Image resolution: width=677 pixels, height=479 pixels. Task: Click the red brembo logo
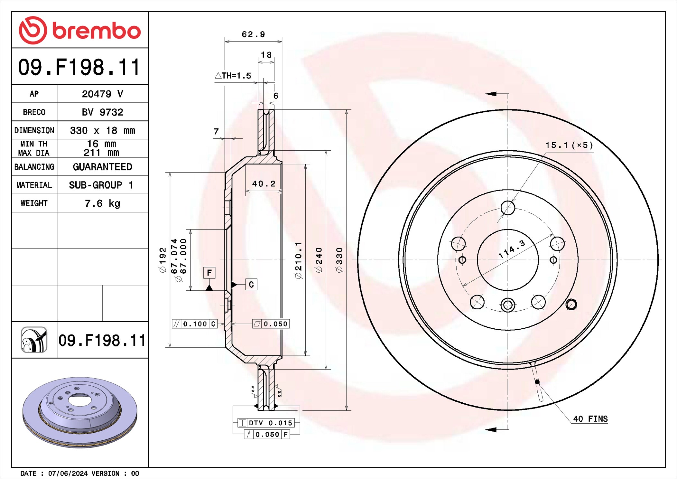pyautogui.click(x=79, y=30)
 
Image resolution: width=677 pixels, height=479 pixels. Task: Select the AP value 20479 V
pyautogui.click(x=102, y=94)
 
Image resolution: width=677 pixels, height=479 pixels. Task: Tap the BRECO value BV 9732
pyautogui.click(x=102, y=112)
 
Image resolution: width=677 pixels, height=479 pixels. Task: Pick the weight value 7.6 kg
pyautogui.click(x=102, y=203)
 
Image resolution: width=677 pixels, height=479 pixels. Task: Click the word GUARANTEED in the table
pyautogui.click(x=102, y=167)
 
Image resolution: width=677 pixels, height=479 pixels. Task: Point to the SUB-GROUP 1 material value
pyautogui.click(x=101, y=185)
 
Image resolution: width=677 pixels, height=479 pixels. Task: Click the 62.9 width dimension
pyautogui.click(x=253, y=34)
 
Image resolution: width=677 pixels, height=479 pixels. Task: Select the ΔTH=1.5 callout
pyautogui.click(x=233, y=76)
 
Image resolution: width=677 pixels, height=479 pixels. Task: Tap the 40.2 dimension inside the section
pyautogui.click(x=264, y=184)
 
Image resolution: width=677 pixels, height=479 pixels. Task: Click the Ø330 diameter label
pyautogui.click(x=339, y=260)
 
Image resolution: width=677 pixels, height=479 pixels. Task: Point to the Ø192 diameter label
pyautogui.click(x=163, y=260)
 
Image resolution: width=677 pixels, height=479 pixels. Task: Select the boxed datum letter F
pyautogui.click(x=209, y=273)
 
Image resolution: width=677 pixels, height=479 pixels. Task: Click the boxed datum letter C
pyautogui.click(x=251, y=285)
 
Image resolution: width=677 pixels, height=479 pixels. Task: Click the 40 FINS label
pyautogui.click(x=590, y=419)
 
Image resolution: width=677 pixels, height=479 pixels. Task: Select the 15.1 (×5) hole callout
pyautogui.click(x=569, y=145)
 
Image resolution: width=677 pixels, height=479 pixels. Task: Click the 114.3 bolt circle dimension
pyautogui.click(x=512, y=249)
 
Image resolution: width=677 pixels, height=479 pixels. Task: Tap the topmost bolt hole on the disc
pyautogui.click(x=508, y=208)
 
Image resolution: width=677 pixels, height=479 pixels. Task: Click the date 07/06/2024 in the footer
pyautogui.click(x=68, y=473)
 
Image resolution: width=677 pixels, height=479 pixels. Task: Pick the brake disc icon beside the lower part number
pyautogui.click(x=34, y=340)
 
